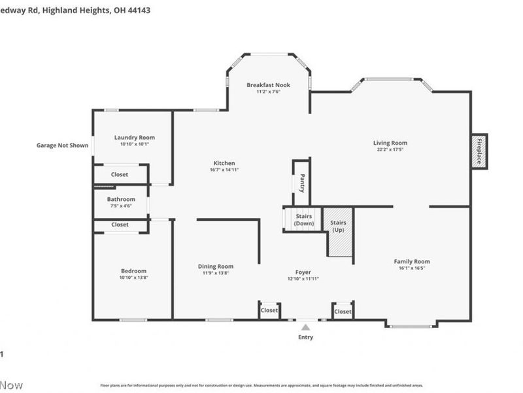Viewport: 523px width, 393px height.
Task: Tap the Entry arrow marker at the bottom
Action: (x=305, y=327)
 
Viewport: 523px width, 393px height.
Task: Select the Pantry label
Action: (x=302, y=182)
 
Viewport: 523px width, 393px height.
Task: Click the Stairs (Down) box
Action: (x=304, y=219)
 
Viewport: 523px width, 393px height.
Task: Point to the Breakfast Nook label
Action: (x=268, y=85)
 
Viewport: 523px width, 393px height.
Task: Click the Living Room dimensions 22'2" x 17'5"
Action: (x=390, y=150)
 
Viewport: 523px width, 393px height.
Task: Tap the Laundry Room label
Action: (x=135, y=138)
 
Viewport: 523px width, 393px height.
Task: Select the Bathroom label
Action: (x=122, y=199)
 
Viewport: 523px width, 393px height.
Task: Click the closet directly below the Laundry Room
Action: (x=120, y=175)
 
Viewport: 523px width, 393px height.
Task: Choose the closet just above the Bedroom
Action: (x=120, y=225)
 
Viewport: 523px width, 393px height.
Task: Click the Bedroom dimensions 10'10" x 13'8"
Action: (x=134, y=278)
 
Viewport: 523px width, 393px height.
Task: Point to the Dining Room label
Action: (x=216, y=267)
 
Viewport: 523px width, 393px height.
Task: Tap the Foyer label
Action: (x=303, y=272)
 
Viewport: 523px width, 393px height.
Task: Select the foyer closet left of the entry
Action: (x=269, y=310)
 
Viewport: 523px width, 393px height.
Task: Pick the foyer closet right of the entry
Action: (x=343, y=312)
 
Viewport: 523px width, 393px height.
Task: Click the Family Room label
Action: (x=412, y=261)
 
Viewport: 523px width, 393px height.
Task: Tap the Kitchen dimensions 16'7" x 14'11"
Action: (x=224, y=170)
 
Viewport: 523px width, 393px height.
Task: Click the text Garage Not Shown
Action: (x=62, y=145)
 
